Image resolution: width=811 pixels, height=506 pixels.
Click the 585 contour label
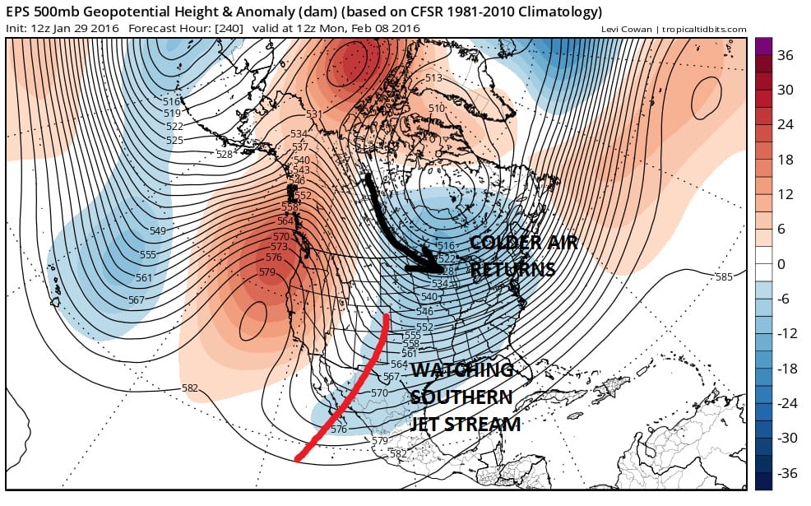coord(723,276)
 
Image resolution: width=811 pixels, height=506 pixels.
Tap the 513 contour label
coord(433,78)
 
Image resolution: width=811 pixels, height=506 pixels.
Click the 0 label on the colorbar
coord(781,264)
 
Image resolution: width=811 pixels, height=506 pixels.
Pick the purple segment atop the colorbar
coord(764,46)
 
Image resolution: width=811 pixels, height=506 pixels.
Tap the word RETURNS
coord(513,269)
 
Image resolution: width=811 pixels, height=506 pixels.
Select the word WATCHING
coord(462,370)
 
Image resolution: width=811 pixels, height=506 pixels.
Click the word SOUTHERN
coord(461,397)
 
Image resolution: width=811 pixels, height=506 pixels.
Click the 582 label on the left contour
coord(190,388)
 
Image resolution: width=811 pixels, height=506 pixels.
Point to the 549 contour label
coord(157,230)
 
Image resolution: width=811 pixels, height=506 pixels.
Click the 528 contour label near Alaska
coord(224,154)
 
